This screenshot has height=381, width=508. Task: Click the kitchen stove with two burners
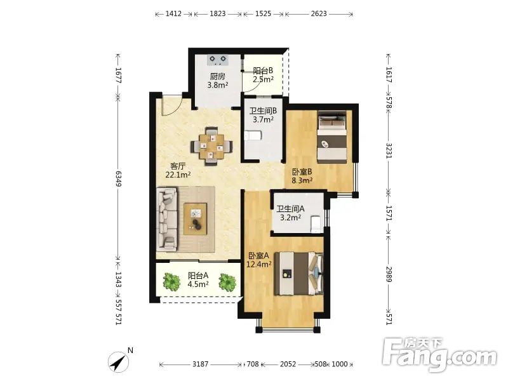pyautogui.click(x=217, y=60)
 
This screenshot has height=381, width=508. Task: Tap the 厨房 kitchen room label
pyautogui.click(x=217, y=76)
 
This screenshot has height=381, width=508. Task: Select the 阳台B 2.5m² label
pyautogui.click(x=263, y=75)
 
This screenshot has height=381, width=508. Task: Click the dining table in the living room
pyautogui.click(x=211, y=147)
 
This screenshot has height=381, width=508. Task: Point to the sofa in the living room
pyautogui.click(x=167, y=219)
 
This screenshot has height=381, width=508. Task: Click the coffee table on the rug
pyautogui.click(x=196, y=218)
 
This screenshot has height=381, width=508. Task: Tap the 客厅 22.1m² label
pyautogui.click(x=178, y=171)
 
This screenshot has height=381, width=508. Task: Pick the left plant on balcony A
pyautogui.click(x=171, y=281)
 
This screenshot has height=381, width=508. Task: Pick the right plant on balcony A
pyautogui.click(x=227, y=282)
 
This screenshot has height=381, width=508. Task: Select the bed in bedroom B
pyautogui.click(x=331, y=137)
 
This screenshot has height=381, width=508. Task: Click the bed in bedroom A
pyautogui.click(x=298, y=274)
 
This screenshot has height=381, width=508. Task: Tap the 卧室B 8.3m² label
pyautogui.click(x=302, y=176)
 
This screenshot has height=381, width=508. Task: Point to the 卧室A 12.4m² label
pyautogui.click(x=259, y=260)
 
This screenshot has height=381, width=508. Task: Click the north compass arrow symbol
pyautogui.click(x=119, y=362)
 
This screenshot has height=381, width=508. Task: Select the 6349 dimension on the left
pyautogui.click(x=117, y=178)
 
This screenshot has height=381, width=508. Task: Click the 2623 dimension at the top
pyautogui.click(x=319, y=13)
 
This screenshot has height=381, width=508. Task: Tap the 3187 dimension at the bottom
pyautogui.click(x=201, y=364)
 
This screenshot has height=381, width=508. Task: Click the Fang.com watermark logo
pyautogui.click(x=439, y=355)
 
